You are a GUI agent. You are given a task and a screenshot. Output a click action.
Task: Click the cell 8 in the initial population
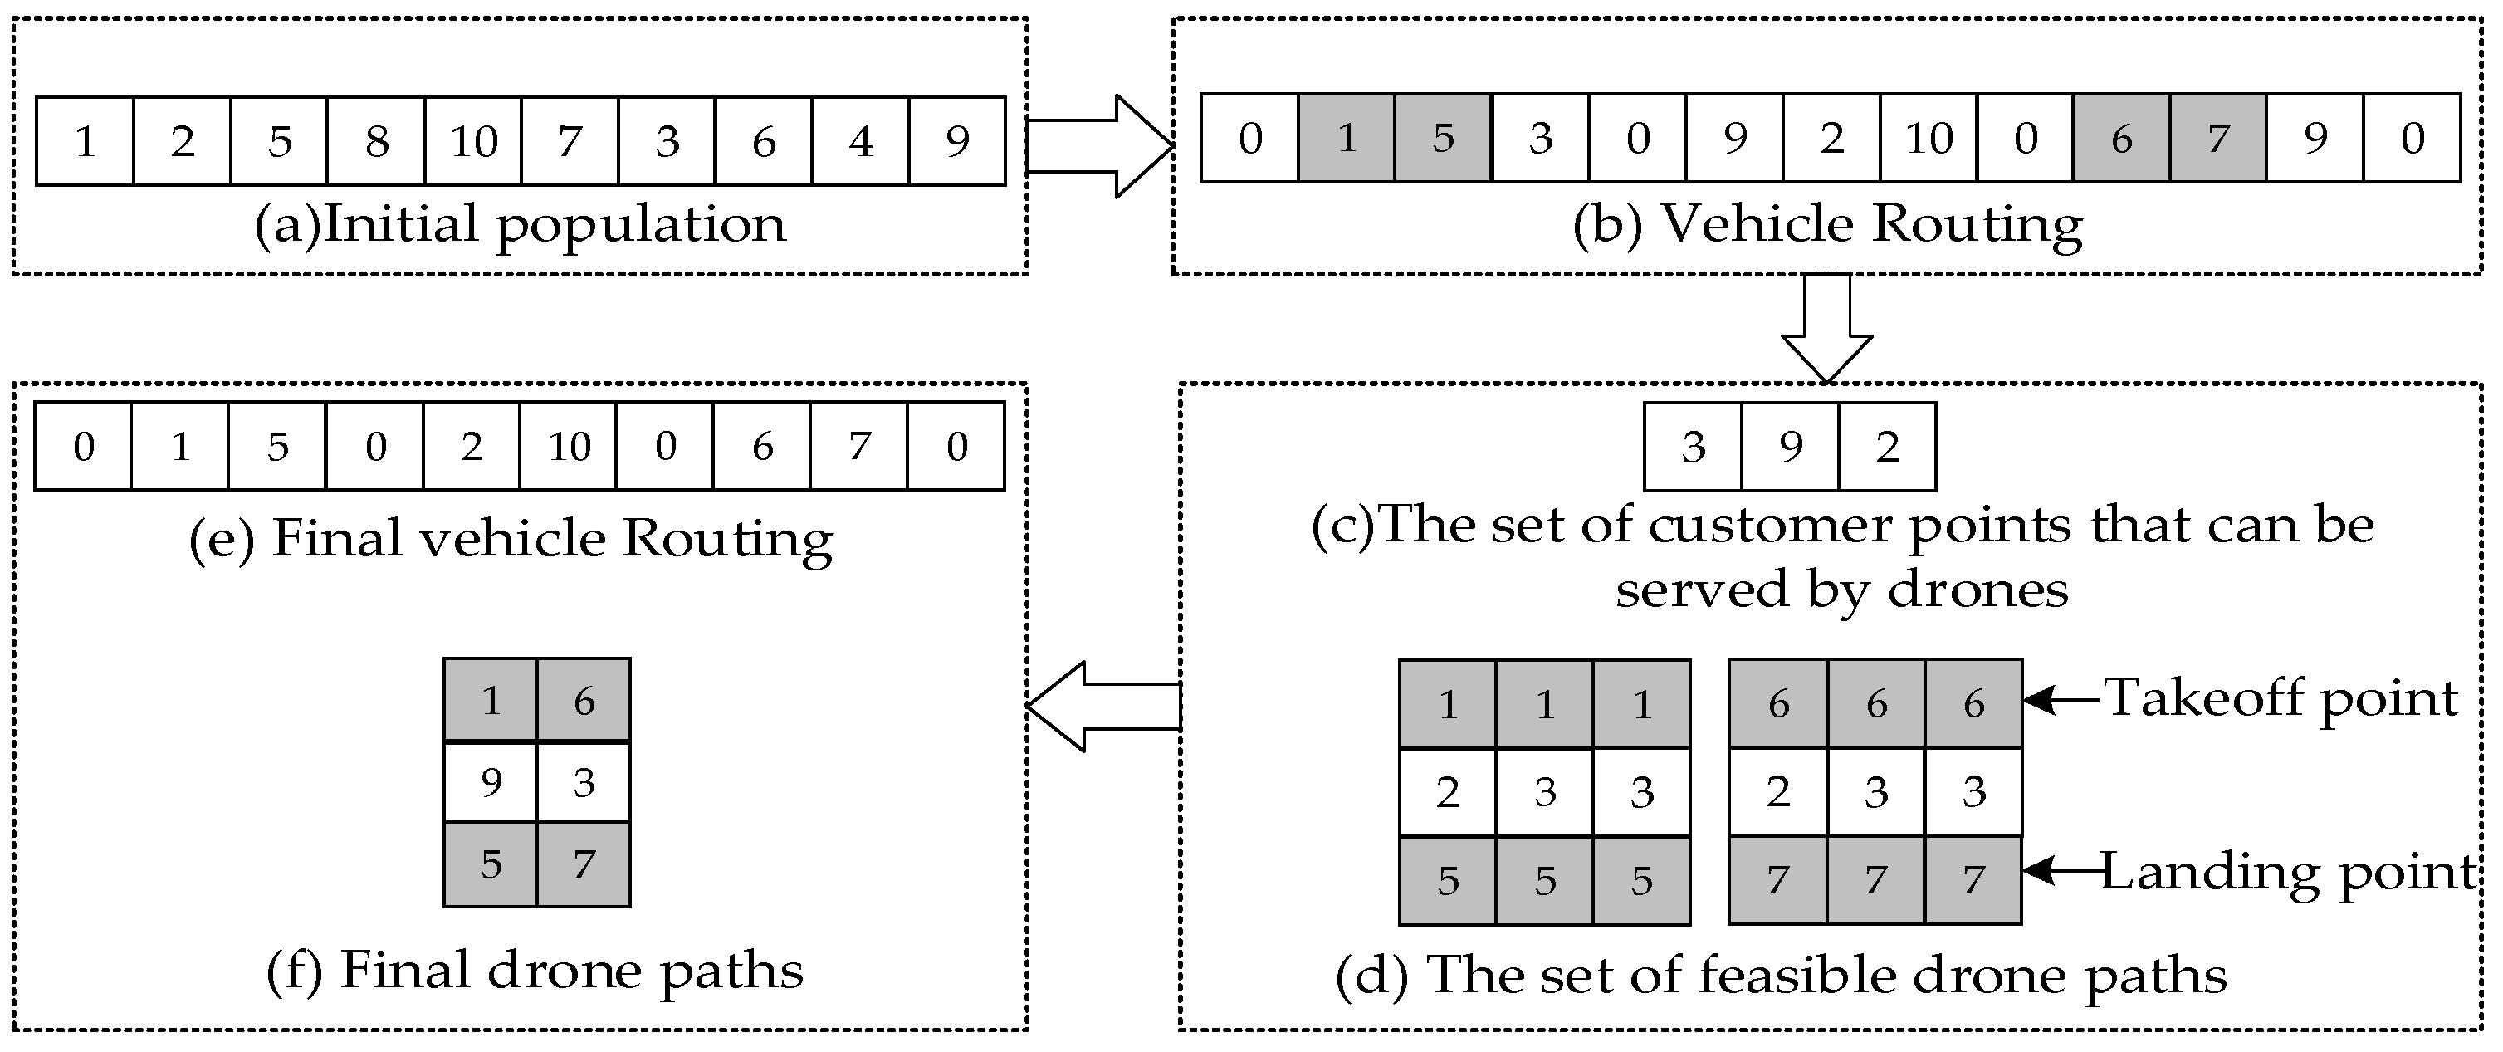coord(376,142)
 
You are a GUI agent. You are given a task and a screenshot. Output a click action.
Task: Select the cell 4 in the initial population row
coord(860,142)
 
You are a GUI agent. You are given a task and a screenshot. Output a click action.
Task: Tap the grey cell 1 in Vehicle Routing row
coord(1346,138)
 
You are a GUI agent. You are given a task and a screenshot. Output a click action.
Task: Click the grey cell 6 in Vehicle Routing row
coord(2121,138)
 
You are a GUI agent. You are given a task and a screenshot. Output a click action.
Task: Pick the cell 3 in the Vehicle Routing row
coord(1540,138)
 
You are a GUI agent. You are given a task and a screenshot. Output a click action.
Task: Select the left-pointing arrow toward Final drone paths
coord(1102,707)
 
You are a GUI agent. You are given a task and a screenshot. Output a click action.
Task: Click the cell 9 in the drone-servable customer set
coord(1790,447)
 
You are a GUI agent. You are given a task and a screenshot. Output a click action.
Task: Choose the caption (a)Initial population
coord(520,225)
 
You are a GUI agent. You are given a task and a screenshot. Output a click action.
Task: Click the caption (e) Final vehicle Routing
coord(510,539)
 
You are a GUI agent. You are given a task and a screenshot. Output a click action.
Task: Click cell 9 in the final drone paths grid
coord(491,782)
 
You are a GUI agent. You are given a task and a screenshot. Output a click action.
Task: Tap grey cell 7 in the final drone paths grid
coord(583,864)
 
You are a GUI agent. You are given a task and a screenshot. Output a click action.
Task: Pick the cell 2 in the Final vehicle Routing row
coord(472,447)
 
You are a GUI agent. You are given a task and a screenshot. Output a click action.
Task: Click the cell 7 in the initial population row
coord(570,142)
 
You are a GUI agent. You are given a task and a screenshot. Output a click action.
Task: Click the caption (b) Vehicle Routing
coord(1826,225)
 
